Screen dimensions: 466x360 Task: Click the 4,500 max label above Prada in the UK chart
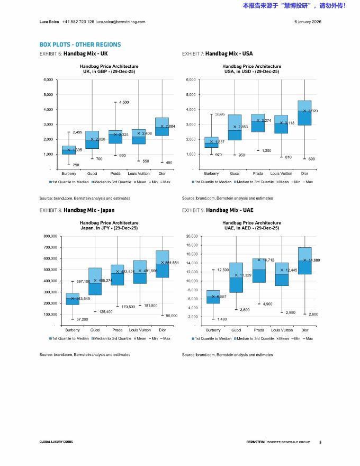coord(124,102)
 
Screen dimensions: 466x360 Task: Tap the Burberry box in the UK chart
coord(69,150)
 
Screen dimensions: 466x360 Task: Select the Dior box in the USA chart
coord(304,113)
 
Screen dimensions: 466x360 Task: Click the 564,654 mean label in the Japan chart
coord(172,263)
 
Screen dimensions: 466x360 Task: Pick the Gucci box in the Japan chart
coord(95,281)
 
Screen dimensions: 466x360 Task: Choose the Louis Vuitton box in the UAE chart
coord(282,274)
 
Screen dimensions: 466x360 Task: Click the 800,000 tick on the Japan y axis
coord(48,236)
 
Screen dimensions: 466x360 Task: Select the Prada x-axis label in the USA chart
coord(258,173)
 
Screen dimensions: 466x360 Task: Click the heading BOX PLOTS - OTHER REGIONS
coord(80,44)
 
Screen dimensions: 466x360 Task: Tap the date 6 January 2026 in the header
coord(308,22)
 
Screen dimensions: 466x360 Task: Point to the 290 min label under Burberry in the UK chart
coord(76,165)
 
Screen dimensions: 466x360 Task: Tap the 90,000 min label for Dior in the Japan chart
coord(171,316)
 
